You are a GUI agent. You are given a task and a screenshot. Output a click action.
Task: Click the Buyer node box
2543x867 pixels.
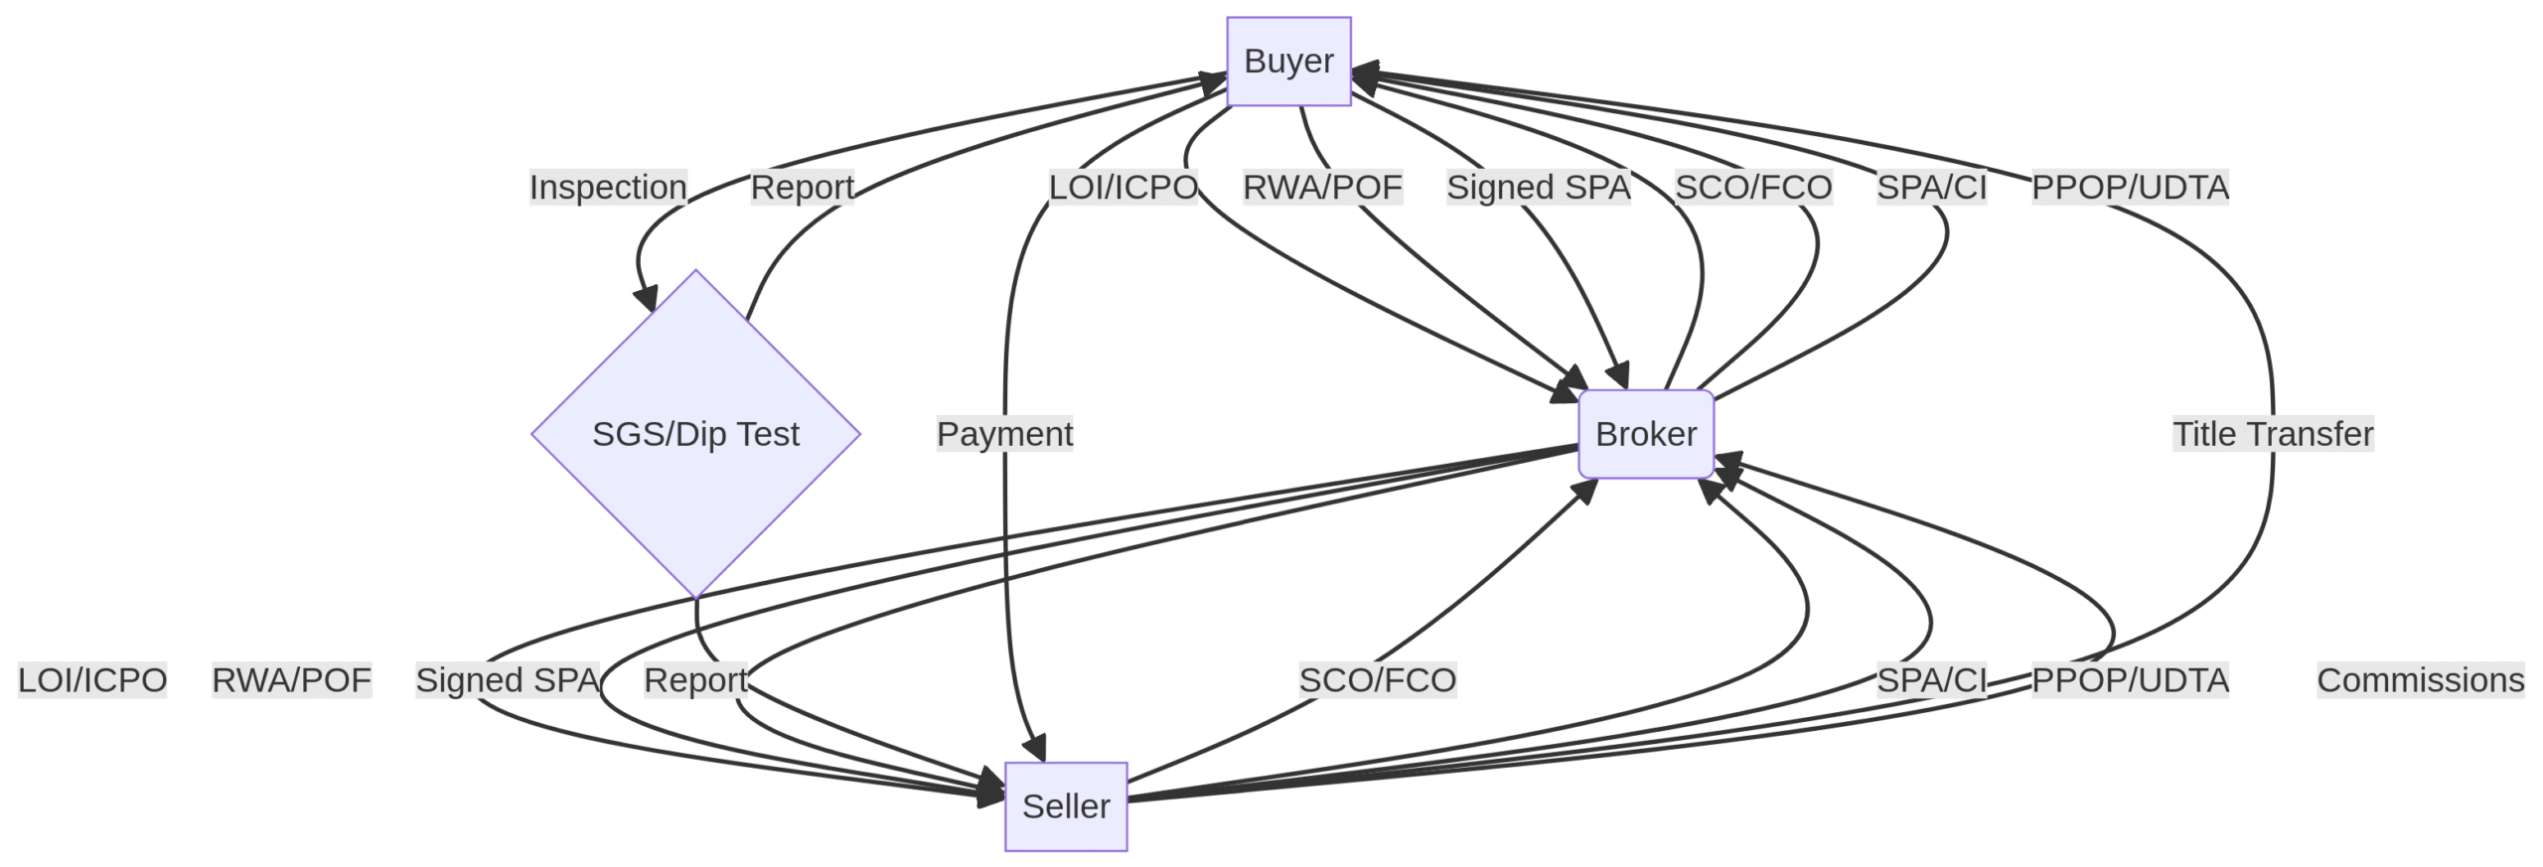point(1288,62)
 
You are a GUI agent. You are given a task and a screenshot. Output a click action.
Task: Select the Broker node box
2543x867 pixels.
point(1646,434)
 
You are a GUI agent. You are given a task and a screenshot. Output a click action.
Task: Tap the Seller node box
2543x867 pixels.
point(1066,806)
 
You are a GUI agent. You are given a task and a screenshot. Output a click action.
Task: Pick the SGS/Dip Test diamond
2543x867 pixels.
point(695,434)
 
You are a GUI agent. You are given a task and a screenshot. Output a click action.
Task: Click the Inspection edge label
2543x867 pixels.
point(608,187)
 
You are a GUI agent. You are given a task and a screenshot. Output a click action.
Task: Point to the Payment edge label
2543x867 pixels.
point(1004,434)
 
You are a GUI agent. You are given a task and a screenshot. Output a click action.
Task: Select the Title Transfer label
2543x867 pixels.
point(2273,434)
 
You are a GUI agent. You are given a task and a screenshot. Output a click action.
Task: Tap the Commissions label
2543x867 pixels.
point(2421,680)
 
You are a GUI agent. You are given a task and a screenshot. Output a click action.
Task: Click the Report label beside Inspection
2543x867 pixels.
point(802,187)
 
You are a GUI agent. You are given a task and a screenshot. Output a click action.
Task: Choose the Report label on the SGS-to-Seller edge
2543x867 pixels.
point(695,680)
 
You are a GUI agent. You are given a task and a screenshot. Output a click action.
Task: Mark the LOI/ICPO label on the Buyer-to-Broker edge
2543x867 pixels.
point(1123,187)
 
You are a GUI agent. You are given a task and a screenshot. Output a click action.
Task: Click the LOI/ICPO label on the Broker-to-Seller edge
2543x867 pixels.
point(92,680)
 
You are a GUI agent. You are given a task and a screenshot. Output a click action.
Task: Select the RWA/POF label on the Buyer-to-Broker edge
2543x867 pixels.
point(1322,187)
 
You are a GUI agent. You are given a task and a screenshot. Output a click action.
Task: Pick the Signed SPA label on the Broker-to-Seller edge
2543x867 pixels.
point(508,680)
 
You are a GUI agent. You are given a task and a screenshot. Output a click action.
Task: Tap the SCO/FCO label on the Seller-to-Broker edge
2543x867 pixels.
point(1378,680)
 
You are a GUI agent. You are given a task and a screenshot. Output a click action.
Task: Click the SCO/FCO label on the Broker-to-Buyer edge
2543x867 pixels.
point(1753,187)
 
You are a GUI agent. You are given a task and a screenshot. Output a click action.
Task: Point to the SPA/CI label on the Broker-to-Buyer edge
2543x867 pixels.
point(1932,187)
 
